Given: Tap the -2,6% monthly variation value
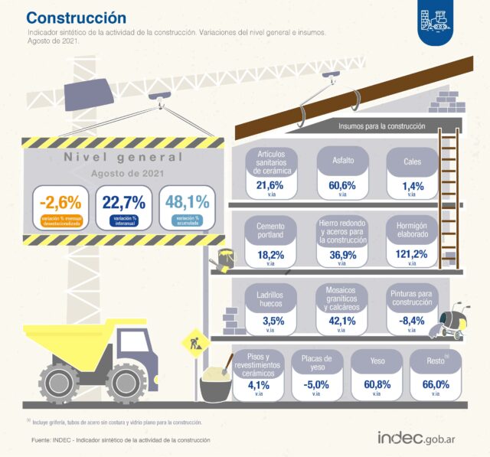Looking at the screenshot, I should (60, 203).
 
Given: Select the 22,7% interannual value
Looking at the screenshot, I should (123, 203).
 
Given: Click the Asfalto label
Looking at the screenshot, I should (343, 162).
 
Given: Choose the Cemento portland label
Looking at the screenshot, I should (270, 231).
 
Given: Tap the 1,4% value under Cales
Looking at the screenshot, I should (412, 185).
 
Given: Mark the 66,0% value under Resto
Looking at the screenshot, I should (436, 384).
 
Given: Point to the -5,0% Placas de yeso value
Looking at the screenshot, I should (317, 384).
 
